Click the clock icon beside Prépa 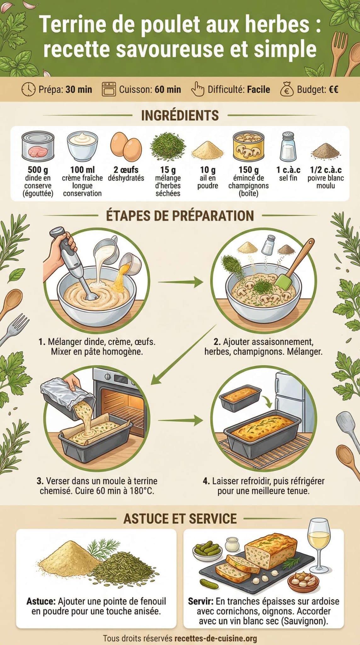click(28, 89)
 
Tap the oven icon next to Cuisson click(109, 89)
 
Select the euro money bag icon click(287, 89)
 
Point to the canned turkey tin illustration click(38, 147)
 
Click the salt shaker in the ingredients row click(288, 146)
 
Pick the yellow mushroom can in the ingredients click(248, 146)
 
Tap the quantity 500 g click(38, 170)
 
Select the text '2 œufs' click(126, 170)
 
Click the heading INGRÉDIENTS click(180, 116)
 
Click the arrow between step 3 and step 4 click(180, 420)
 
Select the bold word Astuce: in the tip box click(41, 601)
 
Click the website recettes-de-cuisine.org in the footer click(215, 638)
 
